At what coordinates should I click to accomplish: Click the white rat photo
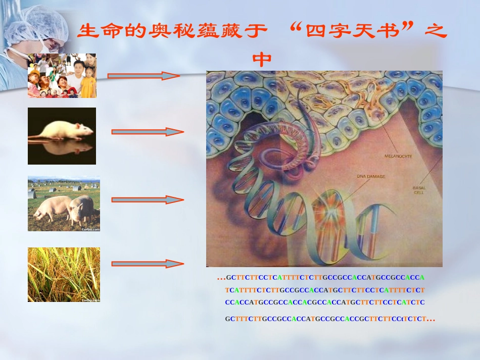[x=62, y=135]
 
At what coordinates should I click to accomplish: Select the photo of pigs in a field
[x=64, y=203]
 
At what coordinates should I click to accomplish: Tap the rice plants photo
[x=64, y=275]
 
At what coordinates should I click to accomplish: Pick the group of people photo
[x=62, y=75]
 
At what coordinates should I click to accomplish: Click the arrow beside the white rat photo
[x=147, y=132]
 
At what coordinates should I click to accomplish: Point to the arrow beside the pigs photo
[x=147, y=199]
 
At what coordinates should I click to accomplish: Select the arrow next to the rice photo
[x=147, y=264]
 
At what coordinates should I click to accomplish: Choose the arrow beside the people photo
[x=143, y=76]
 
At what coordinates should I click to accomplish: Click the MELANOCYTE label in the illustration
[x=398, y=156]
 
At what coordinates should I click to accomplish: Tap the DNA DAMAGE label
[x=371, y=176]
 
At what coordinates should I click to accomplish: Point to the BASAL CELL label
[x=419, y=190]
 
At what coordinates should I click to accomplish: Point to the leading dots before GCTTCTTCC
[x=220, y=278]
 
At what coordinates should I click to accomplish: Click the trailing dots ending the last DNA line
[x=430, y=319]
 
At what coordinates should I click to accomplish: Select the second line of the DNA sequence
[x=325, y=290]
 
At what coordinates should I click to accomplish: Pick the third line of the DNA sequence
[x=325, y=302]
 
